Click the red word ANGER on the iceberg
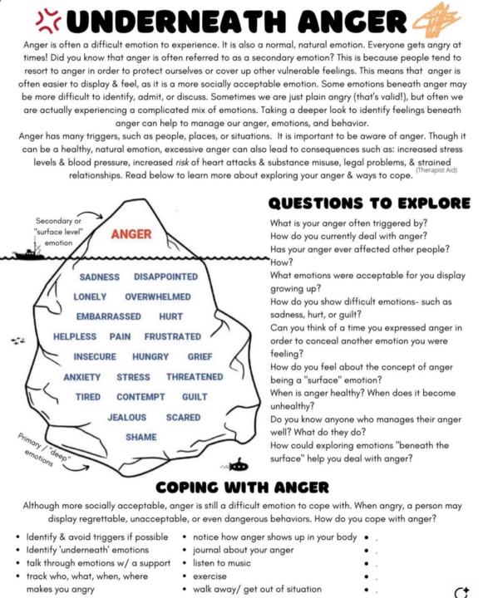[x=131, y=234]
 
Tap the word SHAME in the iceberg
[x=140, y=437]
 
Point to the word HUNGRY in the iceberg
[x=150, y=357]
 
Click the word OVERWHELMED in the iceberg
[x=158, y=297]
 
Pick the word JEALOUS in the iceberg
[x=126, y=417]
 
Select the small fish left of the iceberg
[x=17, y=340]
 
